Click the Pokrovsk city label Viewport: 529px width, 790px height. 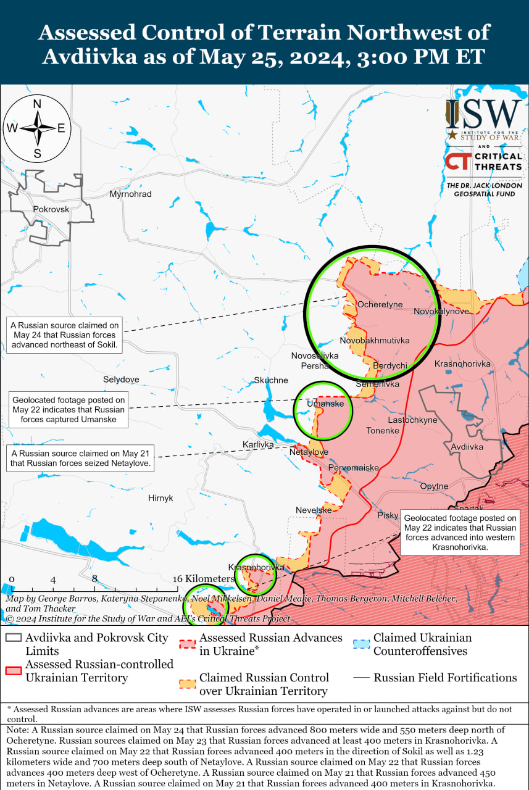tap(51, 209)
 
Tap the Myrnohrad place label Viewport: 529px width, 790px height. tap(130, 194)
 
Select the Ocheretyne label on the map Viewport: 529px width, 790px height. tap(380, 304)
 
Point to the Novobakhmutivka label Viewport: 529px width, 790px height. tap(375, 340)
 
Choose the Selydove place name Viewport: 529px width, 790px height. tap(121, 379)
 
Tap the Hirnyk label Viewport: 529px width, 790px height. tap(160, 497)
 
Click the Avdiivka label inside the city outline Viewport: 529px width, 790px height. tap(467, 446)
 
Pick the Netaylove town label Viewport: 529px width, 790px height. tap(309, 452)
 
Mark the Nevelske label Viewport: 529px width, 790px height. tap(314, 510)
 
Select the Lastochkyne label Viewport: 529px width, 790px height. tap(412, 420)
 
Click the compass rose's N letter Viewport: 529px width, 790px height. tap(37, 104)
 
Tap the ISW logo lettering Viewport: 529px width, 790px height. tap(485, 114)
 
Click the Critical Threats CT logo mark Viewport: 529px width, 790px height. tap(457, 162)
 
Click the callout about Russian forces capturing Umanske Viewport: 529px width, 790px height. tap(69, 410)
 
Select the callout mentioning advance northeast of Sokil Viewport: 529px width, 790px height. tap(64, 335)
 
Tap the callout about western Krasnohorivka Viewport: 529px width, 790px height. tap(460, 533)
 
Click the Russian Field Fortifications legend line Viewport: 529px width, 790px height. tap(362, 678)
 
